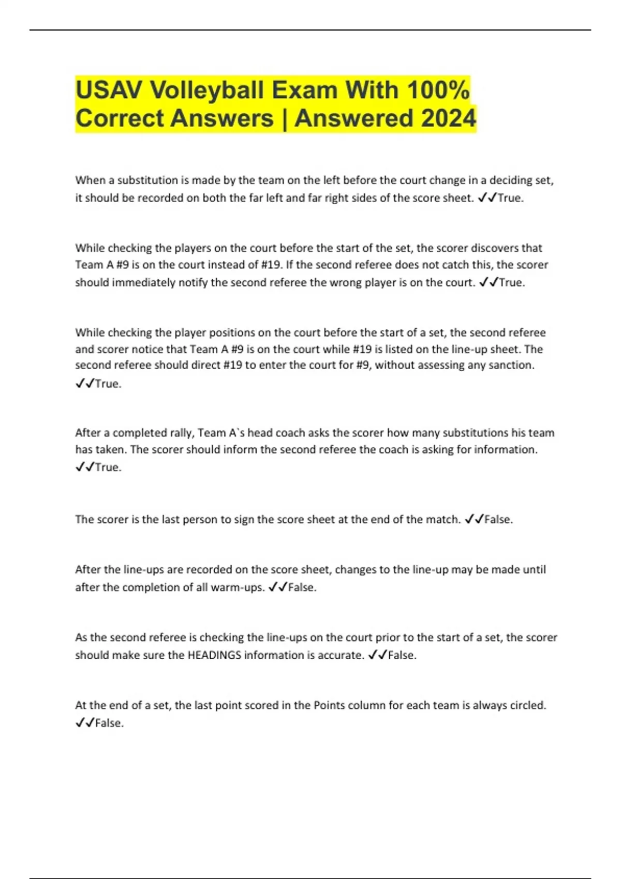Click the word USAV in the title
pos(108,90)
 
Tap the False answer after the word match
pos(498,519)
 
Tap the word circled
pos(526,705)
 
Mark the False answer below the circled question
pos(109,723)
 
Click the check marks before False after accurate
pos(377,655)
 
